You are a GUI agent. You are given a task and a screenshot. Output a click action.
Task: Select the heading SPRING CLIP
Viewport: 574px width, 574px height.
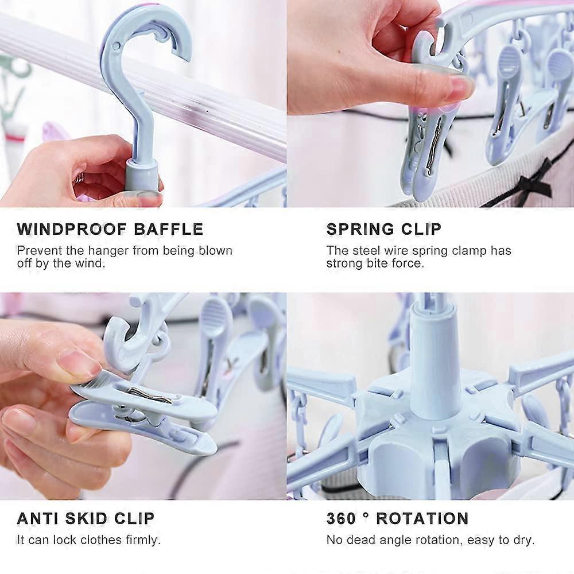tap(384, 230)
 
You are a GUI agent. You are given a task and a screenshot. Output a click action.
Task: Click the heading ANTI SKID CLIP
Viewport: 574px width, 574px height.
tap(86, 518)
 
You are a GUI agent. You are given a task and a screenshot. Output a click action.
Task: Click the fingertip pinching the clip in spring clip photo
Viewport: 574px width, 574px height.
tap(456, 89)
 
